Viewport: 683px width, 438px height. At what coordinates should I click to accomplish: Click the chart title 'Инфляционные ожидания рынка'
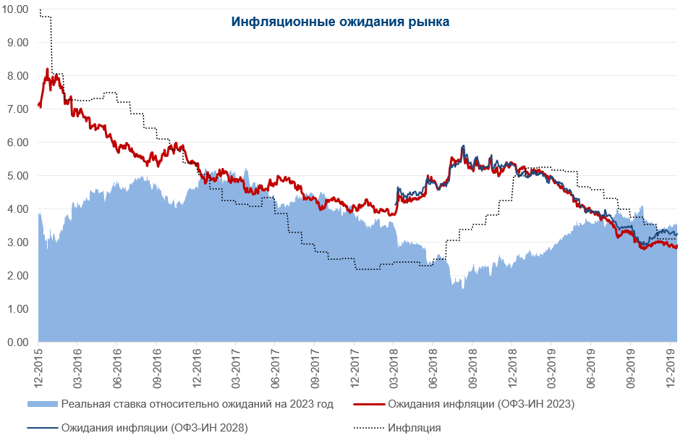click(x=340, y=22)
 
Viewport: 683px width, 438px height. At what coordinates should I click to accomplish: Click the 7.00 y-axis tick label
click(x=17, y=109)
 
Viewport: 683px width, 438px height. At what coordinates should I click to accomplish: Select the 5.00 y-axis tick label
click(x=17, y=176)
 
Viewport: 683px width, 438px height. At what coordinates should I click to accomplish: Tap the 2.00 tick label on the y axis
click(x=17, y=276)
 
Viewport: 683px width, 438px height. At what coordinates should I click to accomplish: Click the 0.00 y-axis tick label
click(x=17, y=342)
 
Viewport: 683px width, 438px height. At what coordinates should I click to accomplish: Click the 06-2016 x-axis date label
click(x=117, y=368)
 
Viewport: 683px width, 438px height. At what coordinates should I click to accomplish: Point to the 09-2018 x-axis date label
click(x=472, y=368)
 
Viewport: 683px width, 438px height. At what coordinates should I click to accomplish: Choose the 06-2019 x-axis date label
click(x=591, y=368)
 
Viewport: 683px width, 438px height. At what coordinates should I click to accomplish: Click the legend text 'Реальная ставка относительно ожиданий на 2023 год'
click(x=197, y=404)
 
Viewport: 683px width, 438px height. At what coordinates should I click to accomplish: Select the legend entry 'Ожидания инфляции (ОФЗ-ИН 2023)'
click(x=481, y=404)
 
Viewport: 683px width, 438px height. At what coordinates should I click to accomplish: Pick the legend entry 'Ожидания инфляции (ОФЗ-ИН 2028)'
click(x=155, y=428)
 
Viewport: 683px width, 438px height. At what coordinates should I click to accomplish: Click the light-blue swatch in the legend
click(x=42, y=404)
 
